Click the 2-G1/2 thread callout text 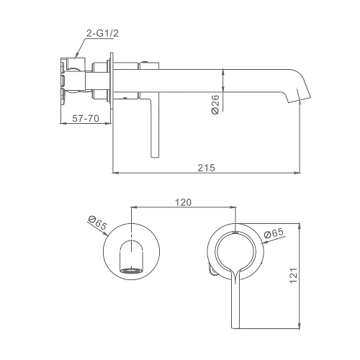102,33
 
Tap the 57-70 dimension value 86,118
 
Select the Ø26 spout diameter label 215,104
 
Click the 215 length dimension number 206,168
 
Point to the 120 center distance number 183,202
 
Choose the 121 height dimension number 294,275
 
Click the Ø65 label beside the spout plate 97,222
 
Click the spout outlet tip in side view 300,100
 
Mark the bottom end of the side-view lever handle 155,157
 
